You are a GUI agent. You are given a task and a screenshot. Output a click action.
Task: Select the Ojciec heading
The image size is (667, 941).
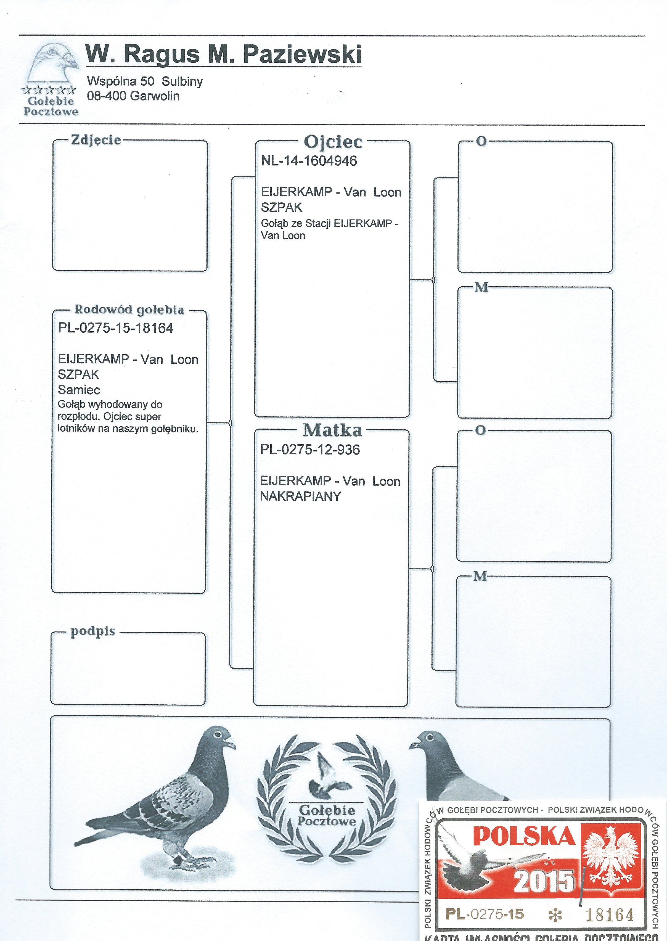(x=333, y=142)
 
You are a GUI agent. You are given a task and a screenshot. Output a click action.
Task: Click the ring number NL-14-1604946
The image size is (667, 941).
(x=309, y=161)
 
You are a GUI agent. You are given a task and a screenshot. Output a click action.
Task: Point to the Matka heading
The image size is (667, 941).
(x=333, y=430)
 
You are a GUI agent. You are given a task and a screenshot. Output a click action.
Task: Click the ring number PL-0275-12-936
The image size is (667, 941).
(x=310, y=450)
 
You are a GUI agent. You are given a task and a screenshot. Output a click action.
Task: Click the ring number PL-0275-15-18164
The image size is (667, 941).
(x=116, y=328)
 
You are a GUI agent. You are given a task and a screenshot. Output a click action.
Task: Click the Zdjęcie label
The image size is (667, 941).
(x=96, y=140)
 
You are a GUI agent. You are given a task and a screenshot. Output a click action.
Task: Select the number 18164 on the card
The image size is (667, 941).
(x=610, y=914)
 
